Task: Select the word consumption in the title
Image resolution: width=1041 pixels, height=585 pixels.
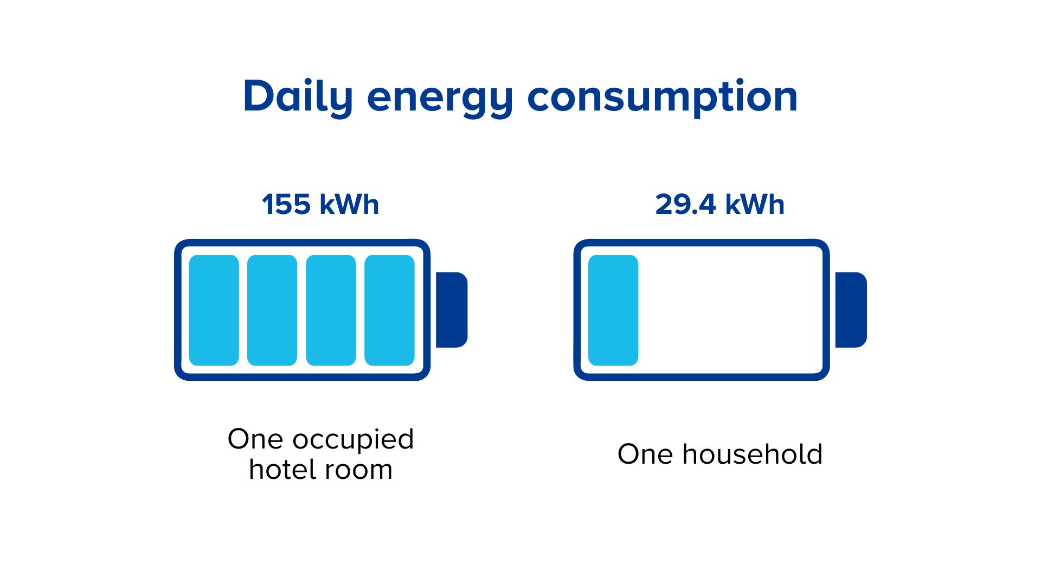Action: coord(663,99)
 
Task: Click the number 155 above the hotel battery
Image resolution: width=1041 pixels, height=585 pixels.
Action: coord(286,205)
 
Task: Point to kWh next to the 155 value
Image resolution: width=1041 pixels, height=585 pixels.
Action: coord(349,205)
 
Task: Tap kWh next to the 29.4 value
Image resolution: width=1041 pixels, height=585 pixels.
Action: coord(755,205)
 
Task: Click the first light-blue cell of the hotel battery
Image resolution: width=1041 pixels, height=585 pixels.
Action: coord(214,310)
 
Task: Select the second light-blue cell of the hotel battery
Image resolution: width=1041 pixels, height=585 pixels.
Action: coord(272,310)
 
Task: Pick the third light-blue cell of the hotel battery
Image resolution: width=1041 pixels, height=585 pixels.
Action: coord(331,310)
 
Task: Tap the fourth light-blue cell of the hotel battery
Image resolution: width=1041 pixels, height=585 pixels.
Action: coord(389,310)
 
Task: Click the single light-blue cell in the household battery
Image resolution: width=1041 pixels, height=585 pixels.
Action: coord(613,310)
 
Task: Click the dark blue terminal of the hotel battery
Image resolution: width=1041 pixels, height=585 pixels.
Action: coord(452,310)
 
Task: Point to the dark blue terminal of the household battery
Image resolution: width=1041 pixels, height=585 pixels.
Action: coord(851,310)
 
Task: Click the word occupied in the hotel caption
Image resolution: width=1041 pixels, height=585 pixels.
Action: coord(354,440)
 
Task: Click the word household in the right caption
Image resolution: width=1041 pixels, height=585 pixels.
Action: coord(753,454)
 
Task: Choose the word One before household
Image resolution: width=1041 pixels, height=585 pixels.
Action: coord(645,454)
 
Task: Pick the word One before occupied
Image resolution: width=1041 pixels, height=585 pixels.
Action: coord(255,439)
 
